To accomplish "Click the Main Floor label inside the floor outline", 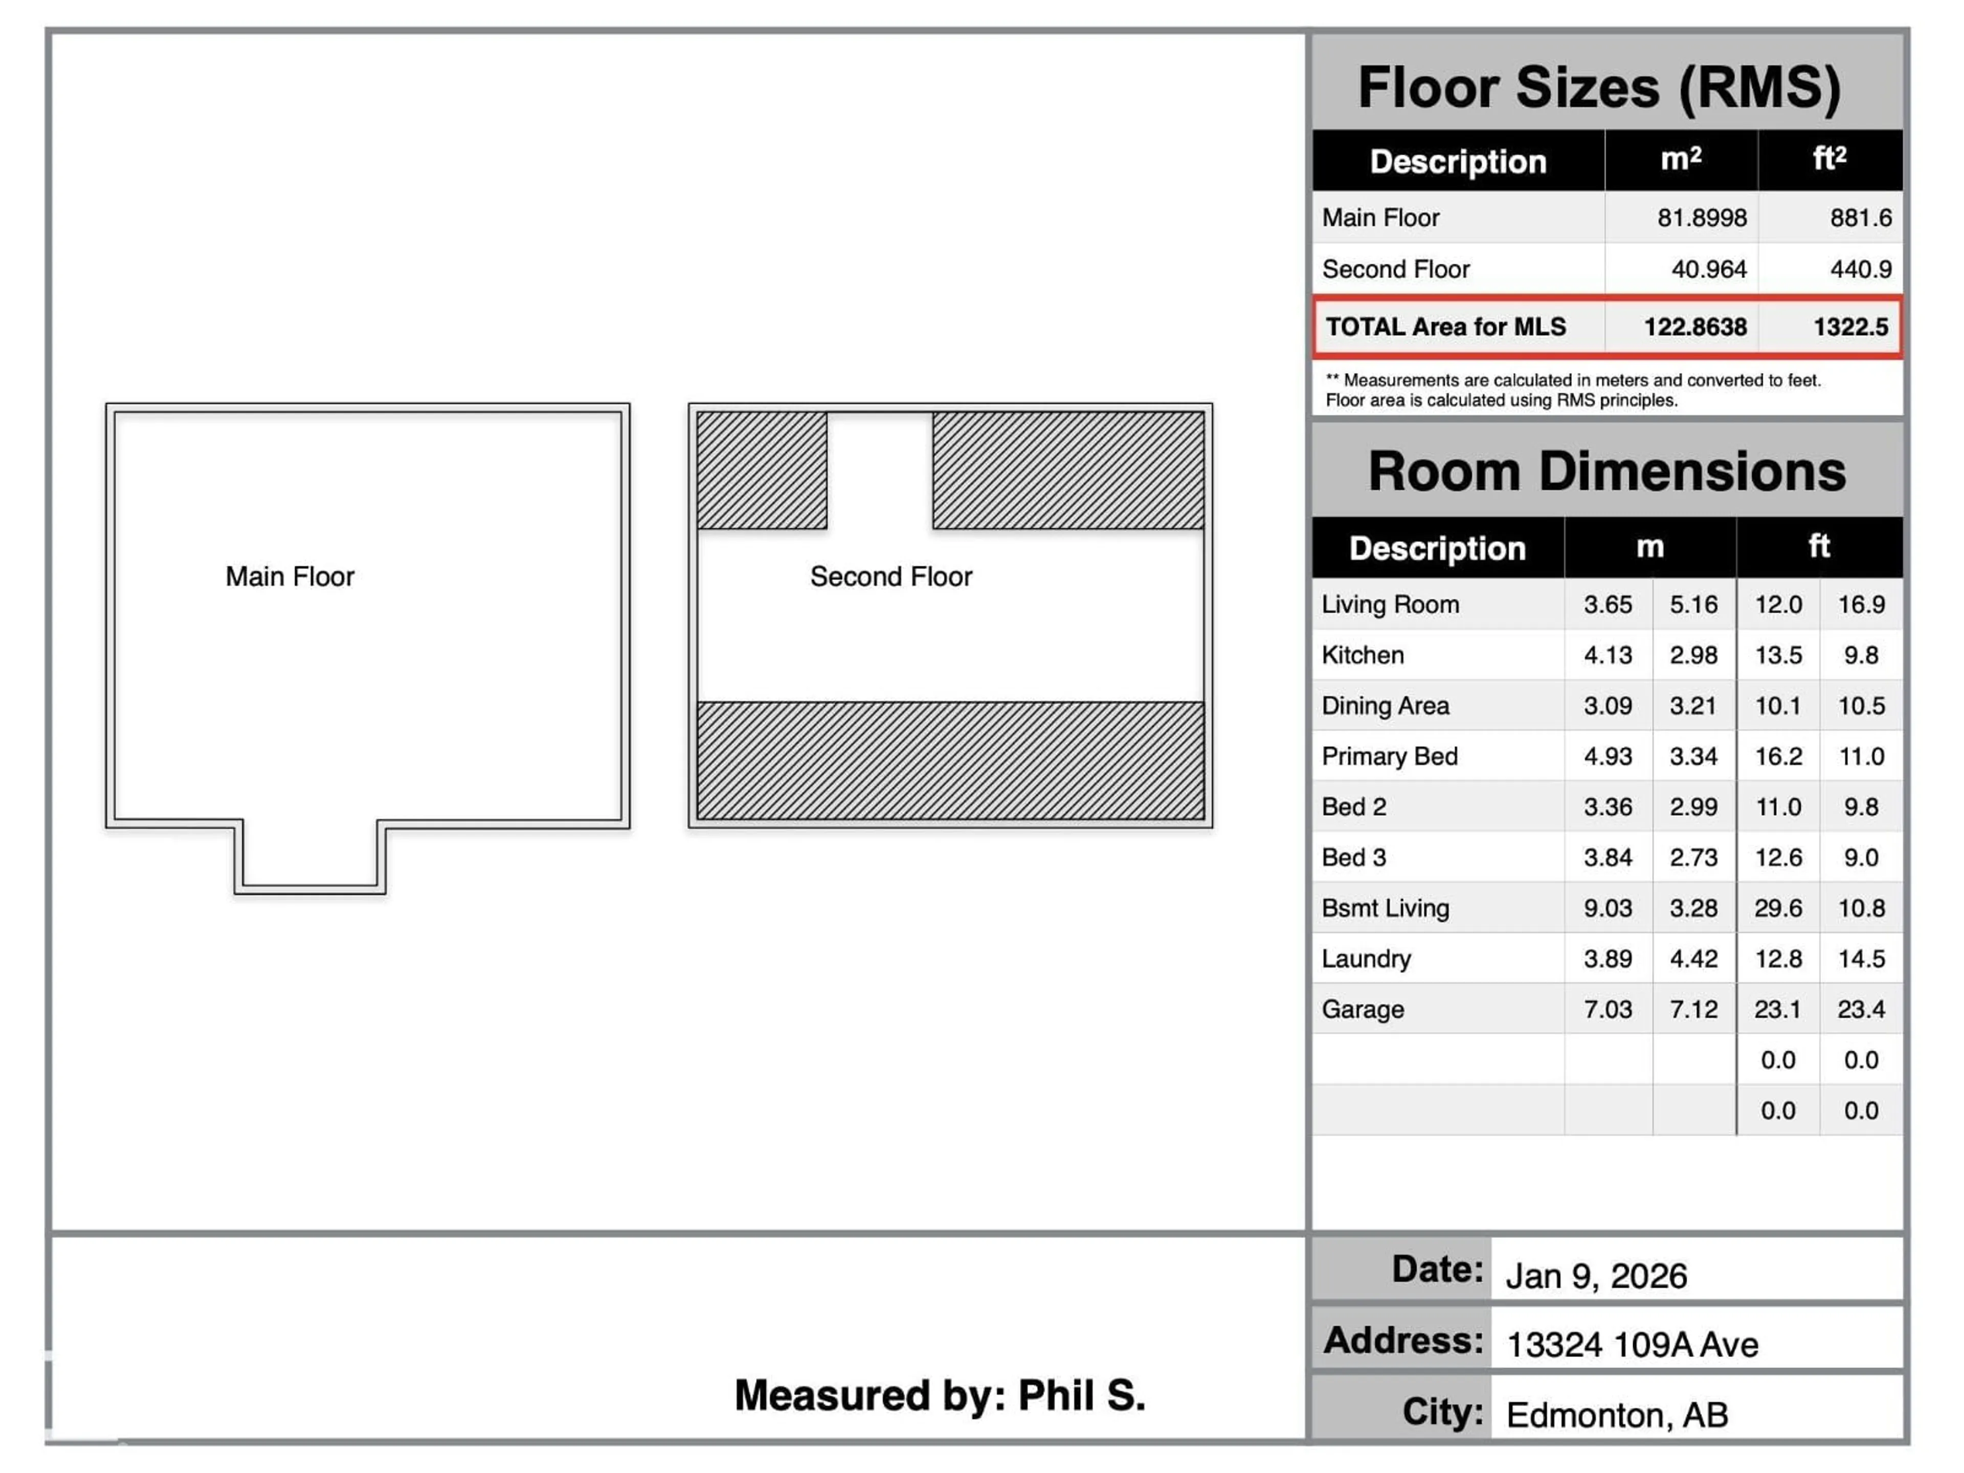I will (289, 576).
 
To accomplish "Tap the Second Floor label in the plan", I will (890, 576).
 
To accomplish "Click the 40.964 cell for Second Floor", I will (1708, 269).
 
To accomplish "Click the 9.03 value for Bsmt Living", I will (1607, 908).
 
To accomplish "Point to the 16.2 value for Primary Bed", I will (1777, 756).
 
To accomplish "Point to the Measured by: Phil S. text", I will (940, 1395).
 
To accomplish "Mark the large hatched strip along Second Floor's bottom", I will (950, 761).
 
